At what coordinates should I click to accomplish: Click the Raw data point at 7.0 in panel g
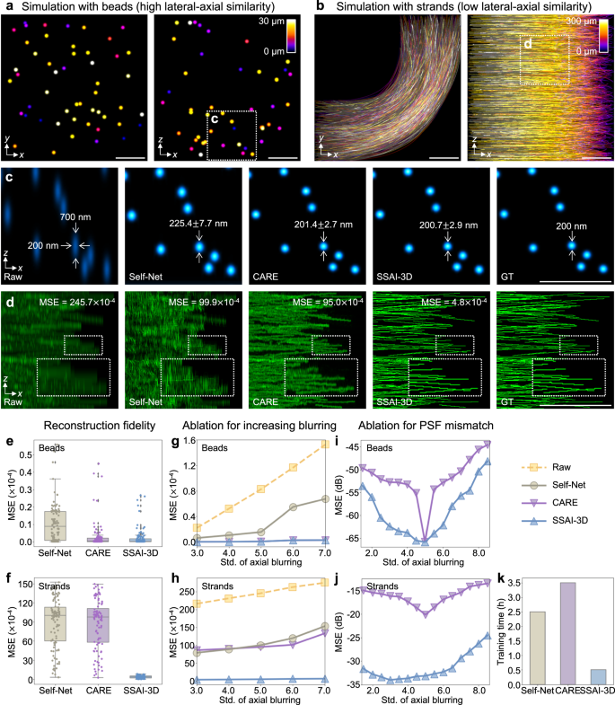[x=323, y=444]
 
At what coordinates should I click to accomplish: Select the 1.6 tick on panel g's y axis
[x=186, y=440]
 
